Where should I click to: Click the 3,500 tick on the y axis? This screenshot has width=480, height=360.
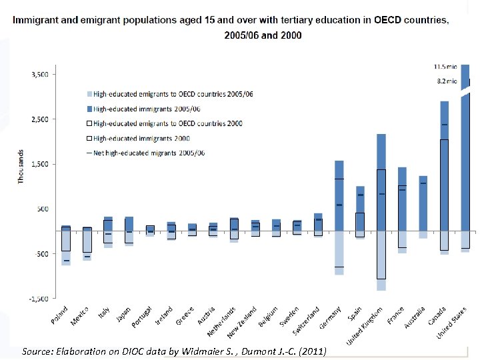click(39, 75)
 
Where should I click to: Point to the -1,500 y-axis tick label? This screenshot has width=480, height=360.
click(39, 299)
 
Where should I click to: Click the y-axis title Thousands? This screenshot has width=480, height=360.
click(21, 167)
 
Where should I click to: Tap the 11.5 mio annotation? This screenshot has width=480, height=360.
click(445, 67)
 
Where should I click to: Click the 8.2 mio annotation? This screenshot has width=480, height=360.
click(446, 81)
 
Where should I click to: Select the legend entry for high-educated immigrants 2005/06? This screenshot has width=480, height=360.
click(147, 109)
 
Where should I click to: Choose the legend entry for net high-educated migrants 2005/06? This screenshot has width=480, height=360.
click(148, 153)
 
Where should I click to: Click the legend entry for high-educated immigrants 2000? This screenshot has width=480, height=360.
click(141, 138)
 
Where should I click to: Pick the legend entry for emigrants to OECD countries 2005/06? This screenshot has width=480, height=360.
click(173, 94)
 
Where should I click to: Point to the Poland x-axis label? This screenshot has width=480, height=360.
click(60, 317)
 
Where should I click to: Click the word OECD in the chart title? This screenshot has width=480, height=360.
click(387, 20)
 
